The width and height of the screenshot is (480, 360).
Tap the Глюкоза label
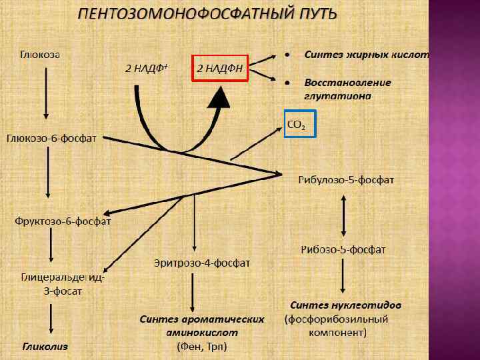click(40, 55)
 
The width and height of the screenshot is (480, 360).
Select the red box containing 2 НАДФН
click(219, 68)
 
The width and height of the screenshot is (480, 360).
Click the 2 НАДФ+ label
click(146, 68)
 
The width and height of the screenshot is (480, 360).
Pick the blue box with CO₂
click(298, 123)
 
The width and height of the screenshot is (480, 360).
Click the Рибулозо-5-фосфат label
click(347, 181)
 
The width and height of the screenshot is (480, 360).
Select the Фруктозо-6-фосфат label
click(63, 221)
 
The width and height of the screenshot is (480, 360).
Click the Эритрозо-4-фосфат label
click(202, 263)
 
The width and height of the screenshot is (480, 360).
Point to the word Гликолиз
click(45, 347)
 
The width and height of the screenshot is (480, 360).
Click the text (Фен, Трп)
click(202, 347)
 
